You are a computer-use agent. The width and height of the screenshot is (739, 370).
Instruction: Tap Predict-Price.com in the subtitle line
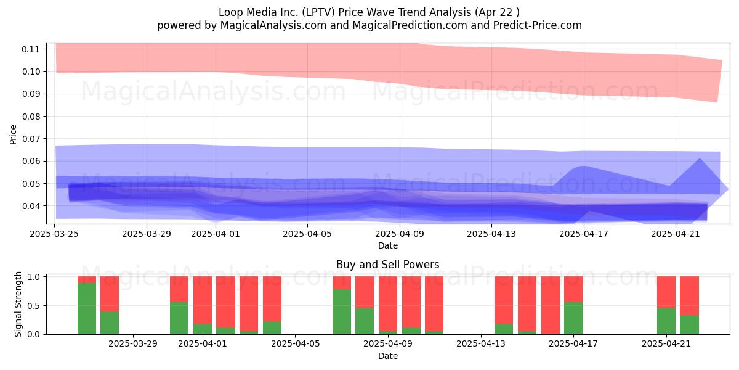538,25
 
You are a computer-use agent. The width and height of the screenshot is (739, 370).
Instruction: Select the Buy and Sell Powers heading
387,265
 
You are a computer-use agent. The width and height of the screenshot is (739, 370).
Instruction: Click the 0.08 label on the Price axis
30,117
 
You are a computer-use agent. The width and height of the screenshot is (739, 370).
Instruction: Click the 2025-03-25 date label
54,234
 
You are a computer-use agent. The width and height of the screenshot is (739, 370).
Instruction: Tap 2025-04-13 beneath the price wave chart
491,234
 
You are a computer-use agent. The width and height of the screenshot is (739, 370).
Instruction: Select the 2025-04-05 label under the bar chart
295,344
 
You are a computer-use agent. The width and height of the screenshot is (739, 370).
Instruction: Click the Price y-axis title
13,134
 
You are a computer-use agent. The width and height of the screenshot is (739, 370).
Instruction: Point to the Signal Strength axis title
18,304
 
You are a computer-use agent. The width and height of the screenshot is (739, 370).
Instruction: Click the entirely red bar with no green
551,305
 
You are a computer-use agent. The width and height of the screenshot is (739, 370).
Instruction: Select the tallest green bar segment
87,308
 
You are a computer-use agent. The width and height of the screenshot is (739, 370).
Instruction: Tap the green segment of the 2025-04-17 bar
573,318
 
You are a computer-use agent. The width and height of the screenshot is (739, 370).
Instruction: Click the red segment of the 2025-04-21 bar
666,292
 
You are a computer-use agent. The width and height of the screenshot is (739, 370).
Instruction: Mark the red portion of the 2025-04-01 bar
203,300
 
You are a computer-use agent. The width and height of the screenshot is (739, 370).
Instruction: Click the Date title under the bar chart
387,356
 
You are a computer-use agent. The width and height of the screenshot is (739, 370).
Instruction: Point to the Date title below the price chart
387,246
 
